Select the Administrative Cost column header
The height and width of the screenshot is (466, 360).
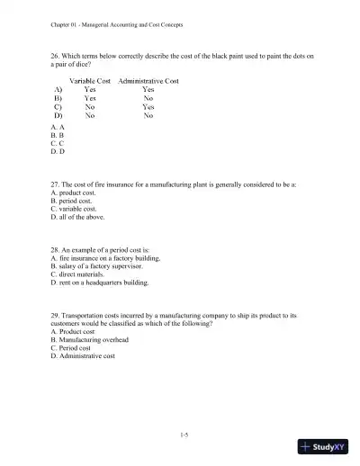coord(148,81)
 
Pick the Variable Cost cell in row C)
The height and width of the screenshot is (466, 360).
coord(91,107)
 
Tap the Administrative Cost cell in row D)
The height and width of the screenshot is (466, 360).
coord(148,115)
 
